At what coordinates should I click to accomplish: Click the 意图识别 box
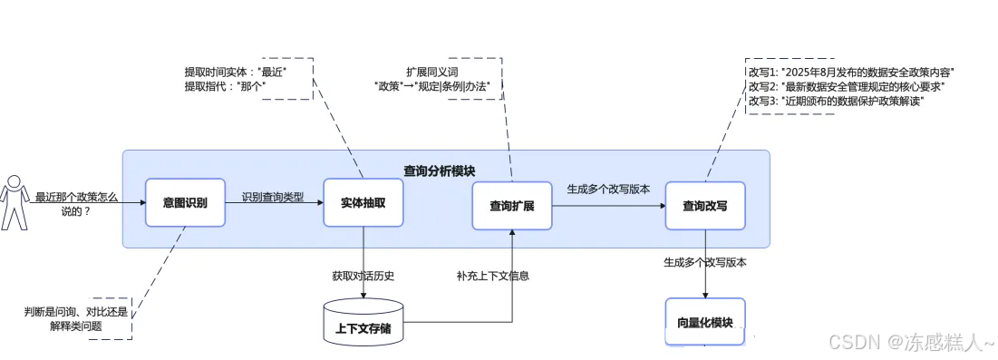pyautogui.click(x=185, y=203)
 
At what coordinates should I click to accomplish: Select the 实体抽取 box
pyautogui.click(x=363, y=202)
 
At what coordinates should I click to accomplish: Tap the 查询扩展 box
pyautogui.click(x=512, y=206)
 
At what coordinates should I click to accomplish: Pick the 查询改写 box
pyautogui.click(x=704, y=206)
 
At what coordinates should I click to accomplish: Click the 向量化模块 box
pyautogui.click(x=704, y=322)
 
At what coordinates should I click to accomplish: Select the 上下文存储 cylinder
pyautogui.click(x=363, y=322)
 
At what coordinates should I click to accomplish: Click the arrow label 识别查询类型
pyautogui.click(x=273, y=196)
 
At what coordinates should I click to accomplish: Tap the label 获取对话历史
pyautogui.click(x=363, y=276)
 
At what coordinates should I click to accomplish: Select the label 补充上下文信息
pyautogui.click(x=492, y=276)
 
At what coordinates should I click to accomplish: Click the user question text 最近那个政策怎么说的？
pyautogui.click(x=76, y=204)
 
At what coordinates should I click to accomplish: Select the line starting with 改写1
pyautogui.click(x=851, y=72)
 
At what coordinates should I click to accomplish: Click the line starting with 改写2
pyautogui.click(x=847, y=86)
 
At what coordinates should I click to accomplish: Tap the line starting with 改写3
pyautogui.click(x=841, y=101)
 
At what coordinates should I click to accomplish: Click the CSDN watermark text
pyautogui.click(x=912, y=342)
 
